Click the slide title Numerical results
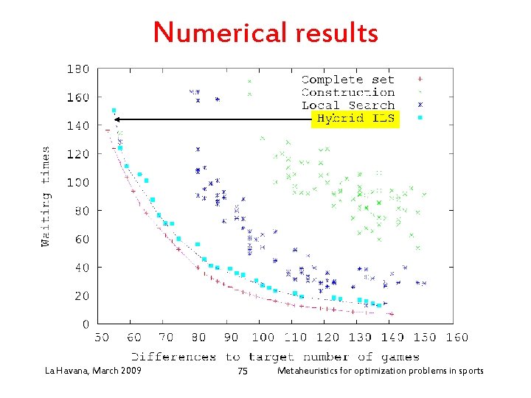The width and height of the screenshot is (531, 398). [265, 32]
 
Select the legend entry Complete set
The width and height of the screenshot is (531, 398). [347, 80]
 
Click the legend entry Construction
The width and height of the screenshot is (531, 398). [347, 92]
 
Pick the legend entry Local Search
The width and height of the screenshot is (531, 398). [347, 105]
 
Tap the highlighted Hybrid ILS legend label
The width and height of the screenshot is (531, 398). [355, 118]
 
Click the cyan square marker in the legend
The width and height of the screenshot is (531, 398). [420, 118]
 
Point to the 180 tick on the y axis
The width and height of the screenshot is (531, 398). [78, 69]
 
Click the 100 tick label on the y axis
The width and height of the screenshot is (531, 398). [78, 183]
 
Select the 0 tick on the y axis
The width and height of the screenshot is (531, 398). [85, 324]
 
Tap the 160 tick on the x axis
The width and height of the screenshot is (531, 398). [457, 338]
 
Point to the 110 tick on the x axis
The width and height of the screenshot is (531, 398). [295, 338]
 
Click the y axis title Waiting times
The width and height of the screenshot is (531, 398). [46, 196]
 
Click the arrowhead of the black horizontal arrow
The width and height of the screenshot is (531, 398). [117, 118]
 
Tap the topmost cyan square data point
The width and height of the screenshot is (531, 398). [114, 111]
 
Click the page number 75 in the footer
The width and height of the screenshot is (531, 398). [243, 371]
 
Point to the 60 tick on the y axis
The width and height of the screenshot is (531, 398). [81, 240]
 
